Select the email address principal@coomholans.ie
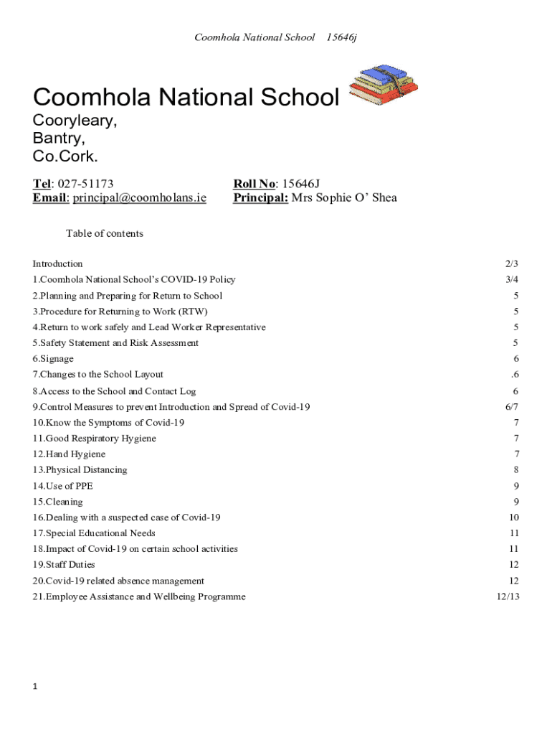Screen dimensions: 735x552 tap(139, 198)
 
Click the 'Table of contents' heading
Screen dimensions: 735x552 tap(105, 233)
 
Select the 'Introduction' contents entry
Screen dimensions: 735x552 tap(58, 263)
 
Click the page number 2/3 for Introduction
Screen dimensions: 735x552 tap(511, 263)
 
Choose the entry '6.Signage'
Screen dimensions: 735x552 tap(53, 359)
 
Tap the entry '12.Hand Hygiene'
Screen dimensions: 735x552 tap(69, 454)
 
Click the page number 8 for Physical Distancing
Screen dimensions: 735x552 tap(515, 470)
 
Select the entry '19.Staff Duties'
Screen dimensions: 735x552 tap(64, 565)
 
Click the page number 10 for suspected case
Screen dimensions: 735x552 tap(513, 518)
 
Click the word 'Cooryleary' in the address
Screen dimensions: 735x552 tap(75, 121)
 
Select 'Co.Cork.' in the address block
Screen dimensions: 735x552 tap(65, 156)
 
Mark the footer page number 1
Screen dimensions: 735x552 tap(35, 687)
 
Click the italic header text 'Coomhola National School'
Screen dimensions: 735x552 tap(254, 37)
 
